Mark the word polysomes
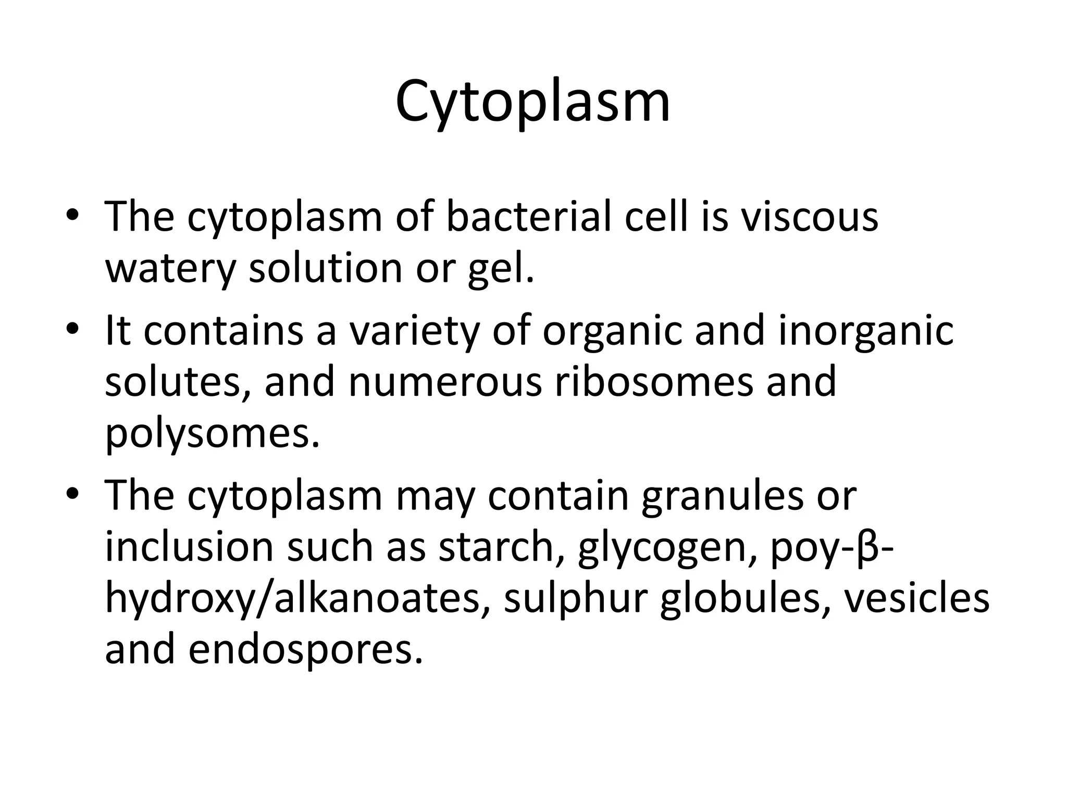click(212, 433)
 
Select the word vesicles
click(916, 599)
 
